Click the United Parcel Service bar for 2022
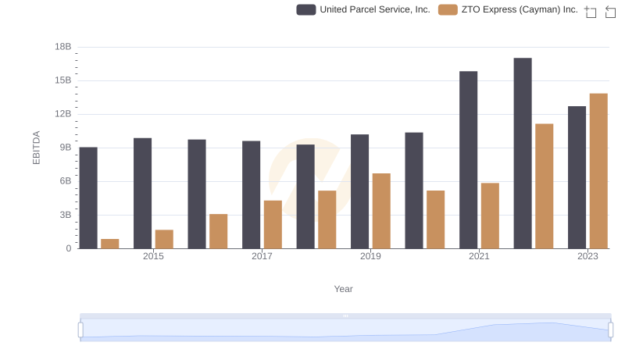tap(523, 153)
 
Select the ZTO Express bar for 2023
tap(598, 171)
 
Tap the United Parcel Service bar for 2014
tap(88, 198)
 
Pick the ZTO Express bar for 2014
tap(110, 244)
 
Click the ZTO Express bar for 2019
tap(381, 211)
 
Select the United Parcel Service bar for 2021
tap(469, 160)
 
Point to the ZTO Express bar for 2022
tap(545, 186)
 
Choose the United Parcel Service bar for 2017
tap(252, 194)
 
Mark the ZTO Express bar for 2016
tap(219, 231)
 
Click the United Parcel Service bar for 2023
tap(577, 177)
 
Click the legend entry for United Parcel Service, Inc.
tap(363, 9)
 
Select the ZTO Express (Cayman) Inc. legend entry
tap(508, 9)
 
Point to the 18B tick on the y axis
tap(63, 47)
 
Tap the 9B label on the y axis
tap(63, 148)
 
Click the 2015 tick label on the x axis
tap(153, 256)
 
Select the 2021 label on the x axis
tap(479, 256)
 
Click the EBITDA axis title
tap(36, 148)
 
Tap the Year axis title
tap(344, 289)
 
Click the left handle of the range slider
tap(80, 330)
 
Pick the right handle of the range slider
tap(610, 330)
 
